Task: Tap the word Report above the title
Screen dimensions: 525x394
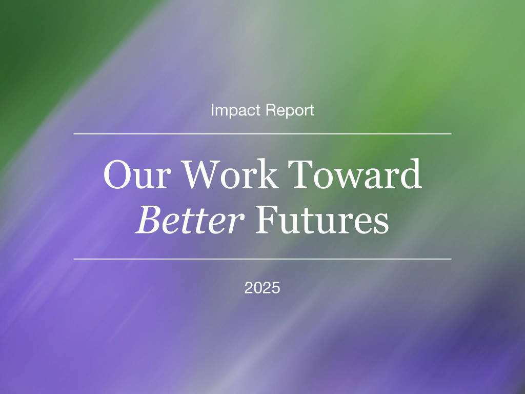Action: click(x=290, y=111)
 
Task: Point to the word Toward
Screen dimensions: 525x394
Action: click(x=355, y=173)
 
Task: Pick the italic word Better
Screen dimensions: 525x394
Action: click(x=190, y=220)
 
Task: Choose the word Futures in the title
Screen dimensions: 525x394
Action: click(x=322, y=220)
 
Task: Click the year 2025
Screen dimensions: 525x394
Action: click(x=262, y=288)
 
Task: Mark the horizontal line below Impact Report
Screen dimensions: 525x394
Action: click(x=262, y=134)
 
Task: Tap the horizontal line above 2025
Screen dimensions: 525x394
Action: click(x=262, y=259)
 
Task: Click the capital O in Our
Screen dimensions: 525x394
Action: click(x=117, y=174)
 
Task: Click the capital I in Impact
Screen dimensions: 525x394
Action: click(x=212, y=110)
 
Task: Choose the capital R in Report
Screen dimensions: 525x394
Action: click(x=270, y=110)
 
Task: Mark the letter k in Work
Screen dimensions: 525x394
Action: click(x=268, y=173)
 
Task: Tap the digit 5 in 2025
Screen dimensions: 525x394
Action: click(x=276, y=288)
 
